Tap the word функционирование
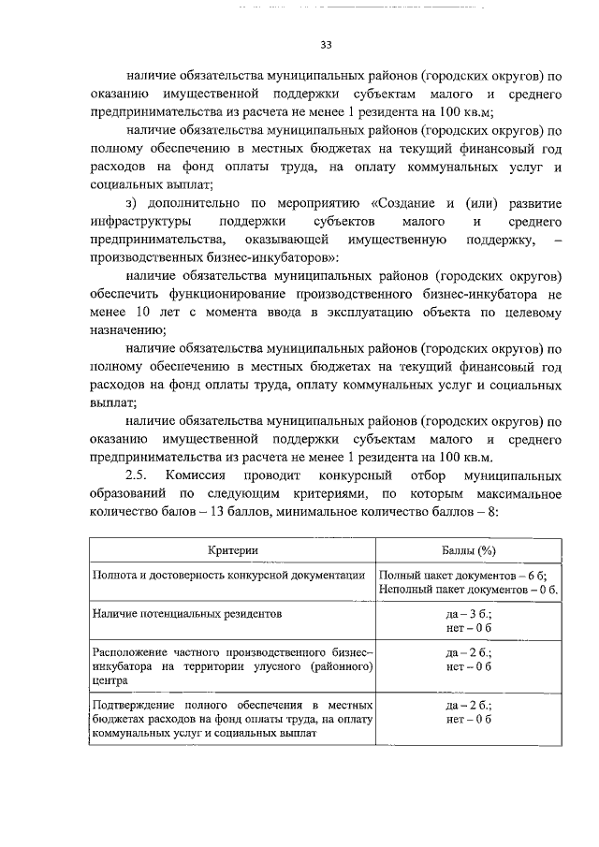[237, 296]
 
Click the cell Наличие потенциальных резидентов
[183, 613]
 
